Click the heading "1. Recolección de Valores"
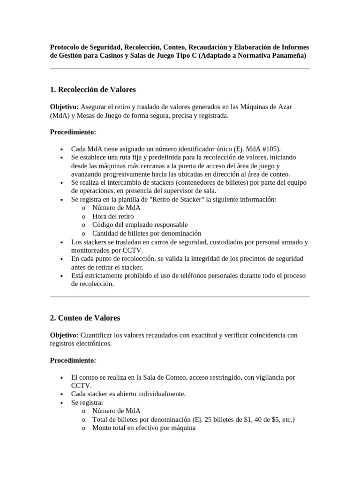93,90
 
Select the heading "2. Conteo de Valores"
85,318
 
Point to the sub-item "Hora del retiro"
112,216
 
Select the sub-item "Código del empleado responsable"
140,225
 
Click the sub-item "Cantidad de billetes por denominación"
146,233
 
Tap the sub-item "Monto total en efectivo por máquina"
143,427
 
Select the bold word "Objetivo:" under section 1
64,107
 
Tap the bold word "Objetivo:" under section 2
64,335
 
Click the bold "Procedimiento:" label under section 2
73,360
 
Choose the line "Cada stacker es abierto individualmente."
128,394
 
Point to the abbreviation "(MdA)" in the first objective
60,115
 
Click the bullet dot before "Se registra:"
62,403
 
